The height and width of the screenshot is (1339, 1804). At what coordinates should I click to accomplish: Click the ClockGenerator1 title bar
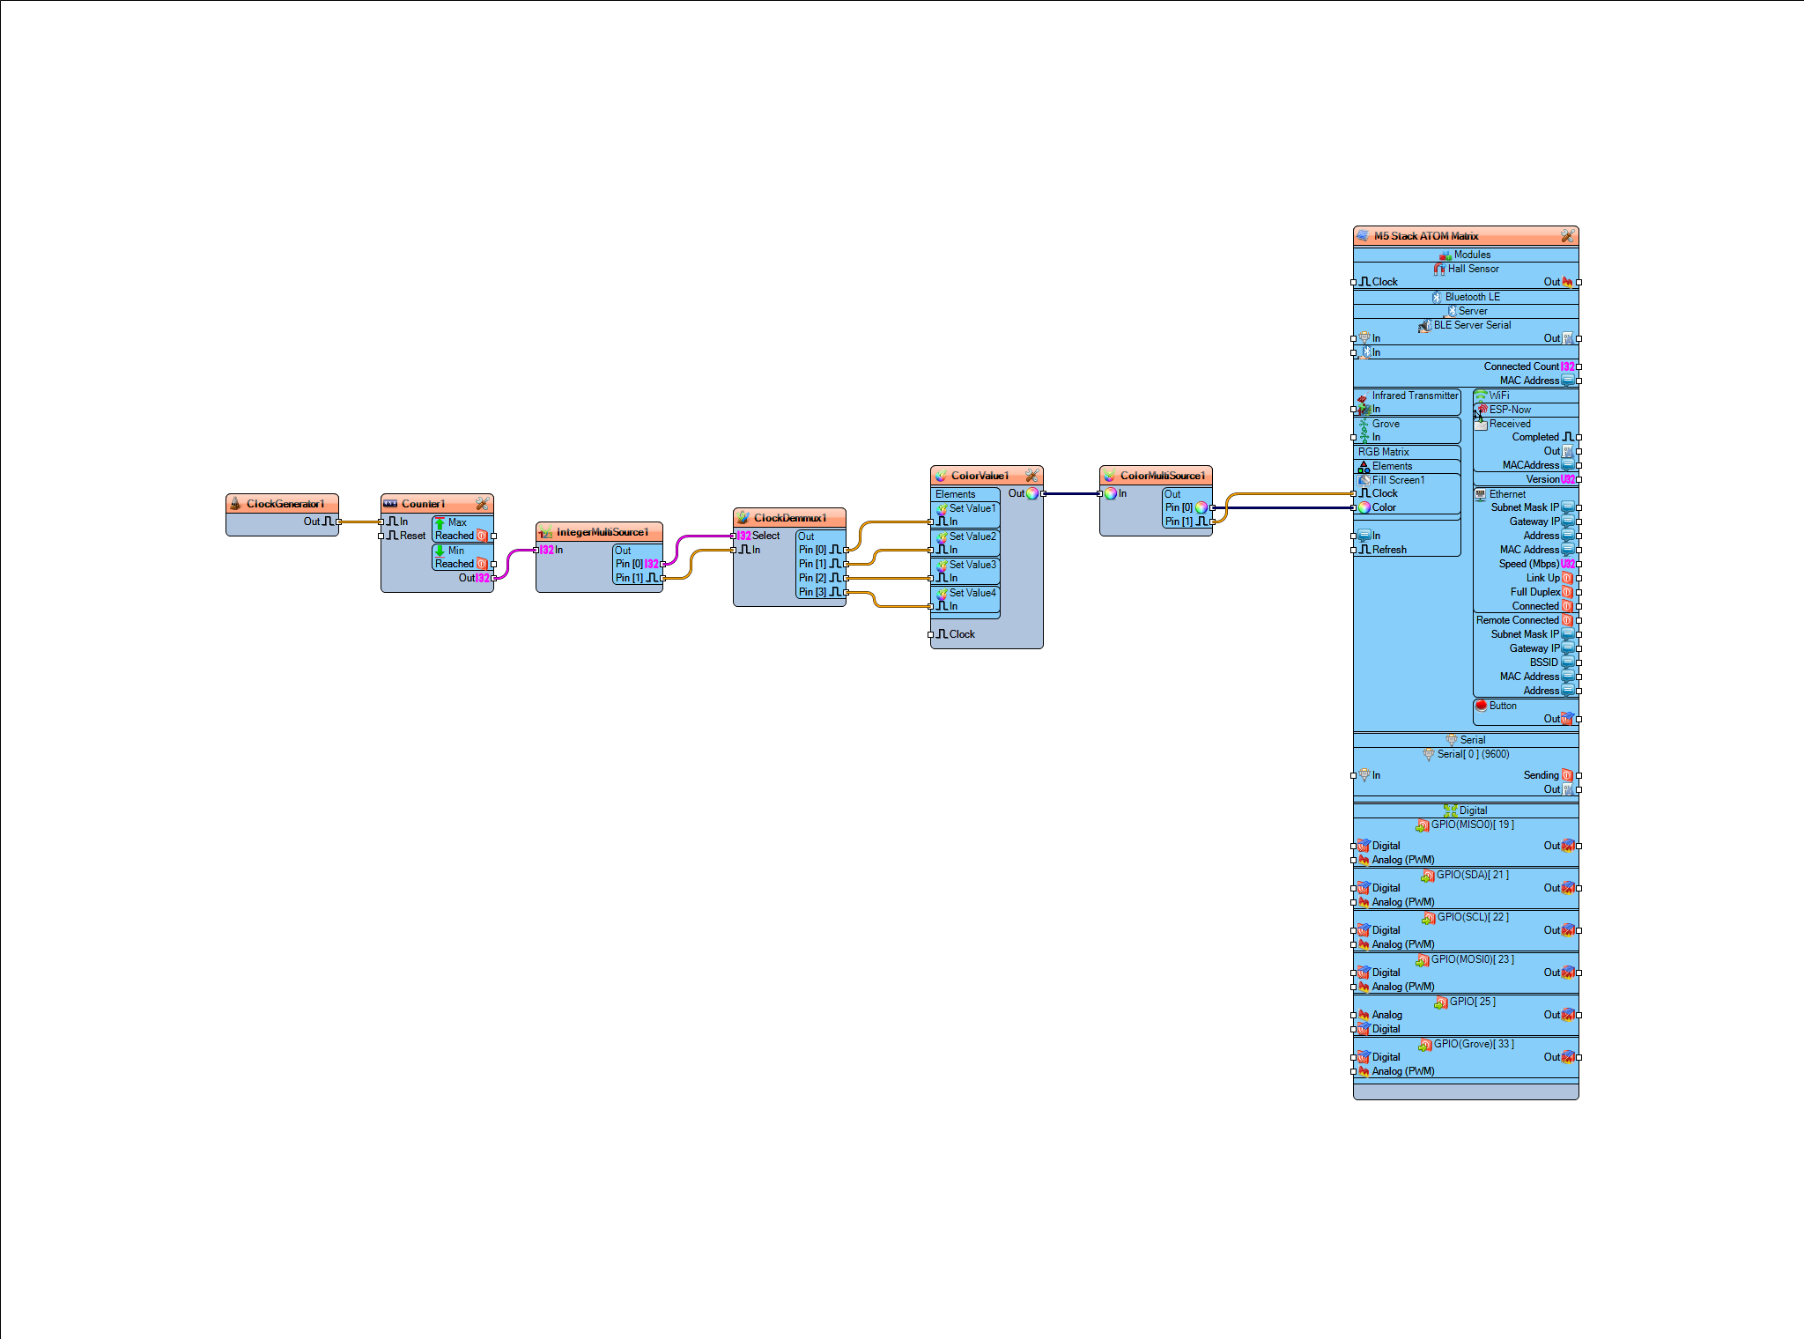pyautogui.click(x=285, y=504)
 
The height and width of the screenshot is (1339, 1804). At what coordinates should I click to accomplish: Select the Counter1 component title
pyautogui.click(x=423, y=504)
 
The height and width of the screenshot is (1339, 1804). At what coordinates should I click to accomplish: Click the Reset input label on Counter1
pyautogui.click(x=412, y=536)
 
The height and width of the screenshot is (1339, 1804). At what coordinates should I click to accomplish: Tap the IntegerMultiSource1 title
pyautogui.click(x=602, y=532)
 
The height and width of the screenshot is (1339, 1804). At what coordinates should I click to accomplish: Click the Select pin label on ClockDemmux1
pyautogui.click(x=765, y=536)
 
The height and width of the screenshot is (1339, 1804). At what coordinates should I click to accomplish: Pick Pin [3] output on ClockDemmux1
pyautogui.click(x=812, y=592)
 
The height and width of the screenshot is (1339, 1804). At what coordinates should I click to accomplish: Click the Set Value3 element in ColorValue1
pyautogui.click(x=972, y=565)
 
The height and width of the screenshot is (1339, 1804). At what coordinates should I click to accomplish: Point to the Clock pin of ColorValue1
pyautogui.click(x=961, y=634)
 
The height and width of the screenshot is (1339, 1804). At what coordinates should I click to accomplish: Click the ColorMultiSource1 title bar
pyautogui.click(x=1161, y=476)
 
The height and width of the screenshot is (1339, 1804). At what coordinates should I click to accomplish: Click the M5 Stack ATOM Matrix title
pyautogui.click(x=1425, y=236)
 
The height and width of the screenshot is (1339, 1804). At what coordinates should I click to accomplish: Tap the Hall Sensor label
pyautogui.click(x=1473, y=269)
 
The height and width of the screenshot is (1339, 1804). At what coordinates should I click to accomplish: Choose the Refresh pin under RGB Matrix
pyautogui.click(x=1388, y=550)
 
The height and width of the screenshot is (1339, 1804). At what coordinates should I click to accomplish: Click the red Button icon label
pyautogui.click(x=1502, y=706)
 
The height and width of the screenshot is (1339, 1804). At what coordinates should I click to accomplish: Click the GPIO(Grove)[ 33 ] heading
pyautogui.click(x=1473, y=1044)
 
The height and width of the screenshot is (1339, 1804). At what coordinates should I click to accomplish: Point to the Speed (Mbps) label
pyautogui.click(x=1528, y=564)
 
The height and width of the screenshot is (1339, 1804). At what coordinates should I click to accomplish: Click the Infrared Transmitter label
pyautogui.click(x=1414, y=396)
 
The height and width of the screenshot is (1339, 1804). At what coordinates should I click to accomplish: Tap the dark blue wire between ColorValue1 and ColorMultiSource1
pyautogui.click(x=1071, y=493)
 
